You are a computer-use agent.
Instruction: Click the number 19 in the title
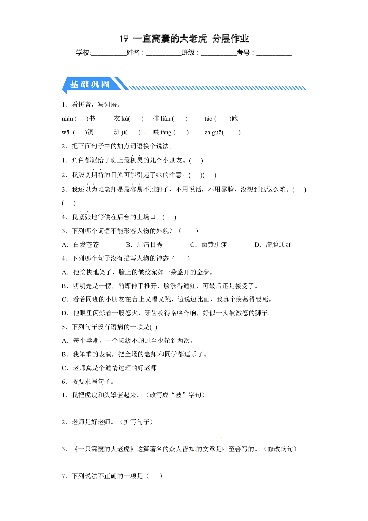124,39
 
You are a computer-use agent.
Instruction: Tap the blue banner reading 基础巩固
92,85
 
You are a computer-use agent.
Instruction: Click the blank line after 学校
109,55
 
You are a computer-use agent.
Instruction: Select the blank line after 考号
274,55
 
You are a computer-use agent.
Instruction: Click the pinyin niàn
67,119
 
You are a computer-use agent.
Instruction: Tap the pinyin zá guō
213,132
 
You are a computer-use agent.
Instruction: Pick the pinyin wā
66,132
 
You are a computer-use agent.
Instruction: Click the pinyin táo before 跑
208,119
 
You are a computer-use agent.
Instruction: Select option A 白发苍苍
80,245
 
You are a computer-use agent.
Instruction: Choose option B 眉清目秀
144,245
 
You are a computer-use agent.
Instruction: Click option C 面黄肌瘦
208,245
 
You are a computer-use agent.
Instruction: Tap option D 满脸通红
273,245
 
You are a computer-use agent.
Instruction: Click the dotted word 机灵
136,160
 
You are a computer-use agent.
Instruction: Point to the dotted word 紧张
85,217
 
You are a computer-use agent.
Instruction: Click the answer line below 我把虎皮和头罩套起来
183,412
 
